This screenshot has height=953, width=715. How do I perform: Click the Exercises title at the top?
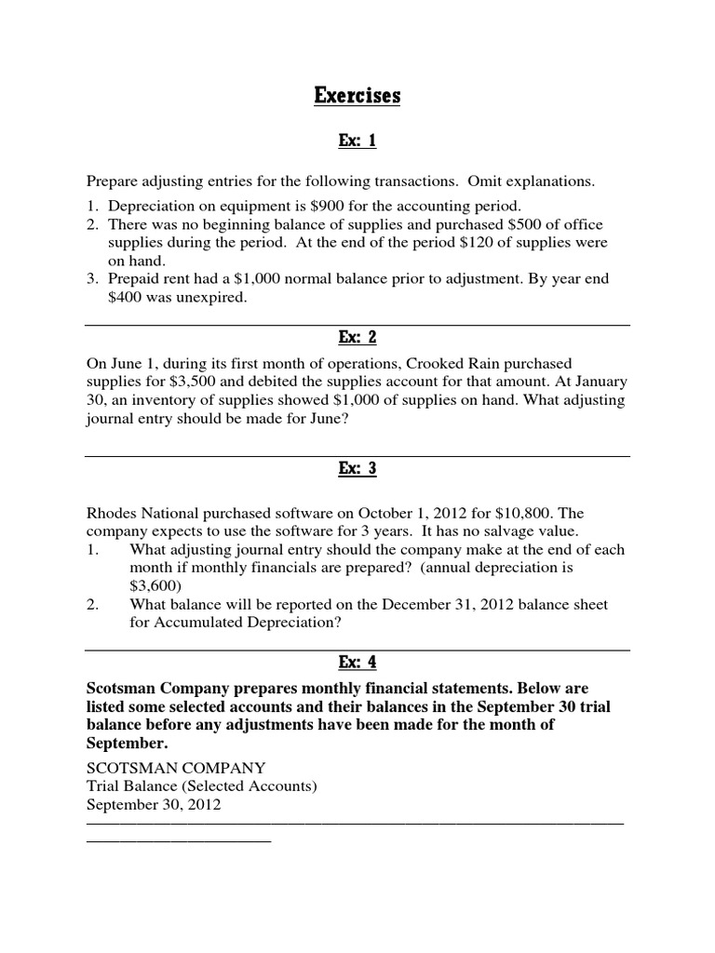coord(357,95)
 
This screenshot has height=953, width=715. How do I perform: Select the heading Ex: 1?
coord(357,141)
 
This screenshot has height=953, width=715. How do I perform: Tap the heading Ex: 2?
coord(357,337)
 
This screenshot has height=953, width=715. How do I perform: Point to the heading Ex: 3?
coord(357,468)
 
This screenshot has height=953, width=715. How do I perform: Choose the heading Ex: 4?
coord(357,663)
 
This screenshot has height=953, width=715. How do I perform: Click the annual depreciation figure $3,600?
coord(153,585)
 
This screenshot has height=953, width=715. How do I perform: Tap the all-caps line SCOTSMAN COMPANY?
coord(176,768)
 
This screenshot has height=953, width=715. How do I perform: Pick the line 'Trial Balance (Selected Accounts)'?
coord(202,786)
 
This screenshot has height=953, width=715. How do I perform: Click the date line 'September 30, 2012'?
coord(154,805)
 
